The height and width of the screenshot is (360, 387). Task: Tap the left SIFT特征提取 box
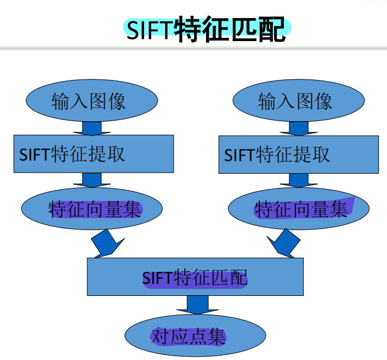click(x=94, y=154)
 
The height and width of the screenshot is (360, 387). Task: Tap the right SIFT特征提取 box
click(x=299, y=155)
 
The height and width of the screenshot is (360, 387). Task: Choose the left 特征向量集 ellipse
click(x=92, y=209)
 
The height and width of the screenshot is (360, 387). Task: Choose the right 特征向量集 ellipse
click(x=299, y=209)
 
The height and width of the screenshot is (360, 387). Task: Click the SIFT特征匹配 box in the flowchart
click(x=195, y=277)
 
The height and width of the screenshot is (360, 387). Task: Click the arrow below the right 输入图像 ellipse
click(x=298, y=128)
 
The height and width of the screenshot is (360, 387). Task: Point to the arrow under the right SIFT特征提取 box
click(x=298, y=180)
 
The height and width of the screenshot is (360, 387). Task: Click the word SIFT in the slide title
click(x=150, y=30)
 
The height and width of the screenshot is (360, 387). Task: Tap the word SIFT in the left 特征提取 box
click(x=35, y=155)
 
